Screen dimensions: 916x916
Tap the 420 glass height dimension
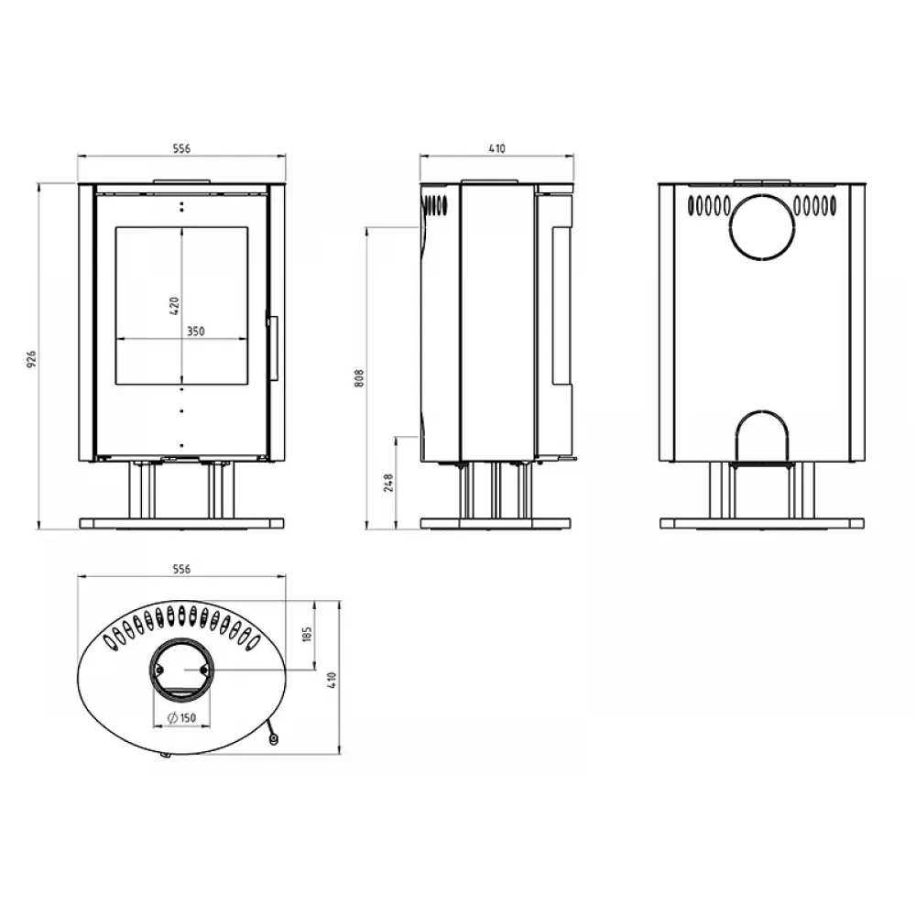click(174, 305)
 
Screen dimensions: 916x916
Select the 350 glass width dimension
click(195, 333)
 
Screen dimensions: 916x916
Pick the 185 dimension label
click(308, 634)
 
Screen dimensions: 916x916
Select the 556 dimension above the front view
click(181, 148)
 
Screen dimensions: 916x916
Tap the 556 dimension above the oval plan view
click(181, 569)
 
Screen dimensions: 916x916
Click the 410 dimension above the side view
click(496, 148)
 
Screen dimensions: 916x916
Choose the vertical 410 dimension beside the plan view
click(333, 679)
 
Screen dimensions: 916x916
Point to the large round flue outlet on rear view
click(761, 225)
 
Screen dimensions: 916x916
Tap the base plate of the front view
click(181, 524)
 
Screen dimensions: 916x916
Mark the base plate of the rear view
click(761, 524)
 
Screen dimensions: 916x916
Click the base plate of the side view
click(496, 524)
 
